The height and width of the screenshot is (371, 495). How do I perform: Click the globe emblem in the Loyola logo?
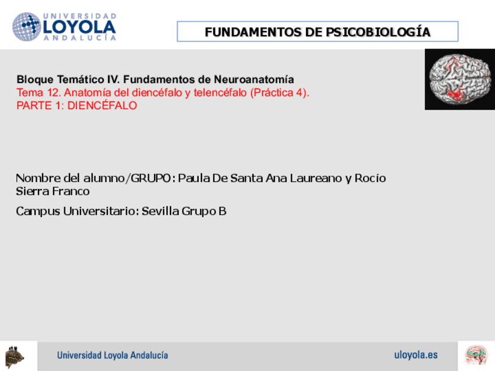tap(26, 27)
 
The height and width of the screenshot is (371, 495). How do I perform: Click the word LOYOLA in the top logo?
tap(79, 27)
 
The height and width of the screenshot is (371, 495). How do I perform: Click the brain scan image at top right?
tap(459, 79)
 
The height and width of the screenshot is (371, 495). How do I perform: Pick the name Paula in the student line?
tap(193, 178)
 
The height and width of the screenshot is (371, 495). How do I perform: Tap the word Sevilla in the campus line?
tap(161, 211)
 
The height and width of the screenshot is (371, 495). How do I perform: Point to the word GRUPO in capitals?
tap(151, 178)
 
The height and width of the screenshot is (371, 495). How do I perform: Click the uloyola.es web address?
tap(416, 355)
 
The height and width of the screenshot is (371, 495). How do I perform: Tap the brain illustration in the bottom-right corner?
tap(476, 355)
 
